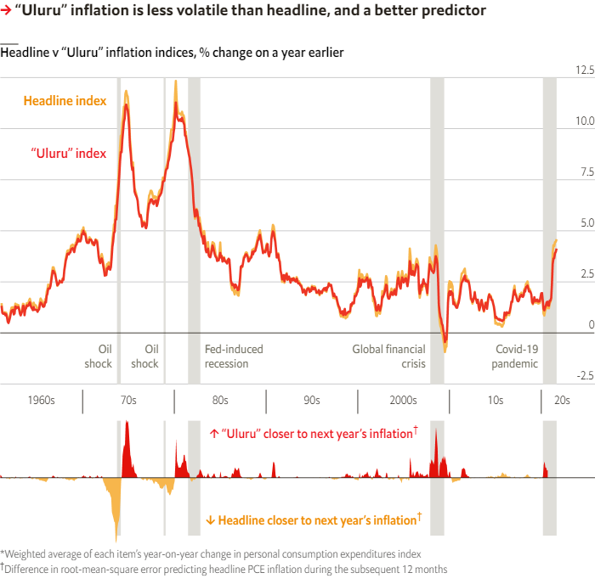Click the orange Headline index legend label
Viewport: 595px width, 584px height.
point(65,101)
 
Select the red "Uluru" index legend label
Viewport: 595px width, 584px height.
point(69,154)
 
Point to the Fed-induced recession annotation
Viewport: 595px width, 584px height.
point(234,357)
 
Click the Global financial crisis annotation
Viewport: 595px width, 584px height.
point(388,357)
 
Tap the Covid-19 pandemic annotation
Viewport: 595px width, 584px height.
point(517,357)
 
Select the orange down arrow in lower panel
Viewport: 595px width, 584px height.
point(210,520)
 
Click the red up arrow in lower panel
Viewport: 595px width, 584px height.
point(213,433)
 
